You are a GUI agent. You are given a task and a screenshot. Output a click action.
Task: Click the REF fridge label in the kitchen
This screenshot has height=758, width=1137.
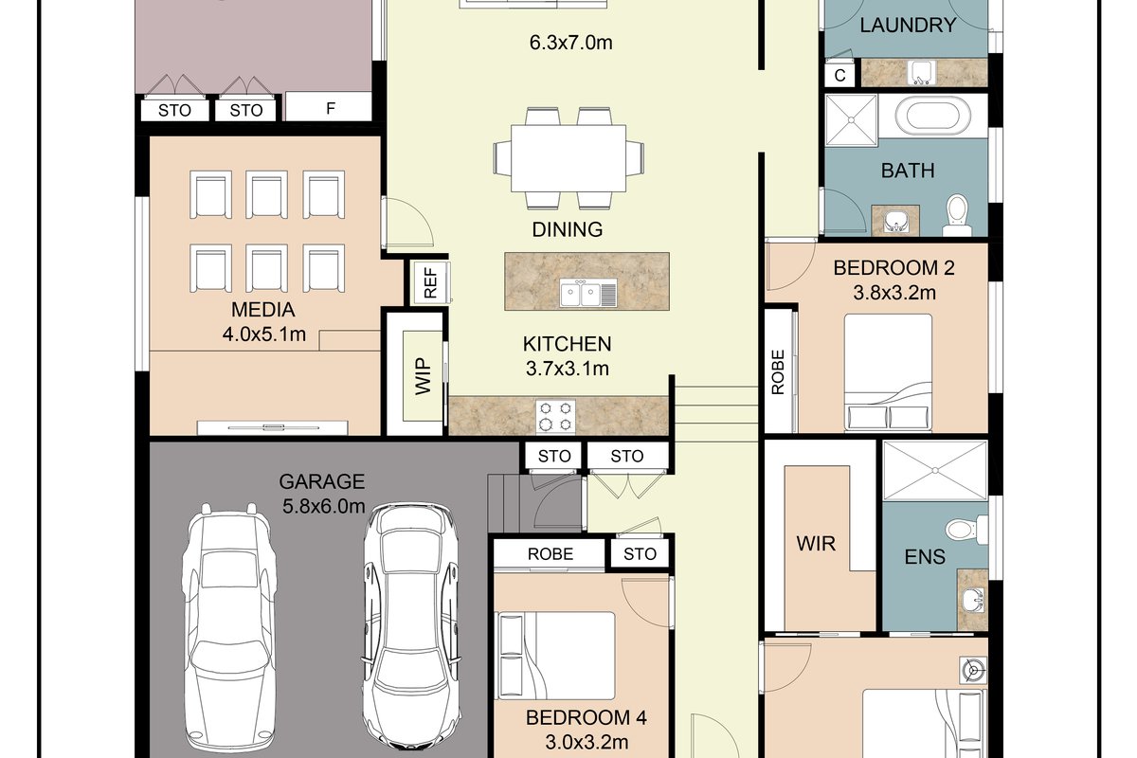(x=430, y=282)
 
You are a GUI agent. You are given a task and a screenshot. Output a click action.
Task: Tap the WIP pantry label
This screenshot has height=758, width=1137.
(x=423, y=376)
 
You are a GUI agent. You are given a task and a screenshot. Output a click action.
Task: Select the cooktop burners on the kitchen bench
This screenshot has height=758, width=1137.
(x=555, y=417)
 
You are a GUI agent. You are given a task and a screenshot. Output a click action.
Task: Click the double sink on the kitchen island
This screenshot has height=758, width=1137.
(x=588, y=293)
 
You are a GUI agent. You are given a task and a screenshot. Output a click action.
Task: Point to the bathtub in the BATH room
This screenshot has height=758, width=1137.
(x=933, y=117)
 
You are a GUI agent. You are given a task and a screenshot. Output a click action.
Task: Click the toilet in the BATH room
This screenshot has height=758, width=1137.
(x=957, y=215)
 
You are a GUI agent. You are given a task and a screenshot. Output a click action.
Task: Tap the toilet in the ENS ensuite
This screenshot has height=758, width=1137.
(x=966, y=529)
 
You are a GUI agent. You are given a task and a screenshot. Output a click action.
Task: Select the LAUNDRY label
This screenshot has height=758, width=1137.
(x=908, y=25)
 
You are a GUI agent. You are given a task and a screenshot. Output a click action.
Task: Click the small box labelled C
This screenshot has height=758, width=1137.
(x=839, y=75)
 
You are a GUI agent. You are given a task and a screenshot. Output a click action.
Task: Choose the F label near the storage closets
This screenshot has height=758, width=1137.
(x=331, y=108)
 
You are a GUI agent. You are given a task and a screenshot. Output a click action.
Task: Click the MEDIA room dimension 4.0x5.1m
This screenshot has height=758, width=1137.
(x=264, y=334)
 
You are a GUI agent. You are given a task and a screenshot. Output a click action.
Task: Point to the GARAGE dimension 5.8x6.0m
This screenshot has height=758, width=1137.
(x=323, y=506)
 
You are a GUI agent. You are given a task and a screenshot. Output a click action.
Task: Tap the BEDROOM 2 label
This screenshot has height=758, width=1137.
(x=893, y=267)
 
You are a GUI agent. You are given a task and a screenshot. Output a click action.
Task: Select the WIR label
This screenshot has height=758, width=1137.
(x=816, y=544)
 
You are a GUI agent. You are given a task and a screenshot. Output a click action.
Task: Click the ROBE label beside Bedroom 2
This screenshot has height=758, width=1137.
(x=778, y=371)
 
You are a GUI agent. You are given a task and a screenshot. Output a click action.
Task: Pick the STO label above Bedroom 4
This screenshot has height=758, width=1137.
(x=640, y=554)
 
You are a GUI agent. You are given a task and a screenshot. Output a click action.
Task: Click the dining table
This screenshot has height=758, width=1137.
(x=568, y=158)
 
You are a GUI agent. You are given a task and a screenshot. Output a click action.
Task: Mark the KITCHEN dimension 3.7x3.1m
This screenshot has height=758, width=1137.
(x=567, y=368)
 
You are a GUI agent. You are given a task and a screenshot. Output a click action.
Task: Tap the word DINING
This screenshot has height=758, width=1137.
(x=567, y=229)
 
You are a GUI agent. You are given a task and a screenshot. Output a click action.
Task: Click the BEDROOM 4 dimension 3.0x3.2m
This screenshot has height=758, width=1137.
(x=587, y=742)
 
